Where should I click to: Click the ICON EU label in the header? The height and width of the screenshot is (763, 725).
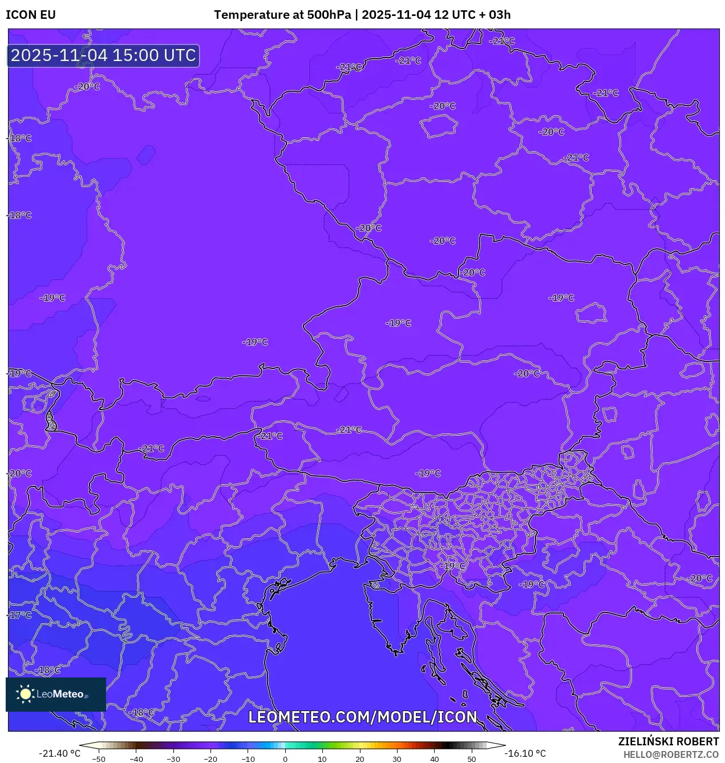(31, 15)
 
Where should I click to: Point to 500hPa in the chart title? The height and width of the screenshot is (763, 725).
(329, 15)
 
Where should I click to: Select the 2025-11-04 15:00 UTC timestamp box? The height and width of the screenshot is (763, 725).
(103, 55)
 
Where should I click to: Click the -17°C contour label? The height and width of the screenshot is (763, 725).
(21, 615)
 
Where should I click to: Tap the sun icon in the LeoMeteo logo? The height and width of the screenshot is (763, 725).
(26, 694)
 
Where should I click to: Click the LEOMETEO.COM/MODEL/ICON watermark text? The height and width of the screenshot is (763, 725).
(363, 717)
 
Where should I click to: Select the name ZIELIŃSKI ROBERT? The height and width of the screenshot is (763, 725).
(669, 741)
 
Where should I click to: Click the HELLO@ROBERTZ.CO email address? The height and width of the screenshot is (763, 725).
(671, 754)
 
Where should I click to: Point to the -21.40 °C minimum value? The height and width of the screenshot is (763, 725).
(59, 753)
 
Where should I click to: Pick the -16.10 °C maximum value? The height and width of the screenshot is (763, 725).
(525, 753)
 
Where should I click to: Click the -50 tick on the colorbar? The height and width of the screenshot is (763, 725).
(99, 759)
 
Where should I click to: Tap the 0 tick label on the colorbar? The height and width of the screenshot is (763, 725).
(285, 759)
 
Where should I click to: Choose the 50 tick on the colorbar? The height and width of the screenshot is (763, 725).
(472, 759)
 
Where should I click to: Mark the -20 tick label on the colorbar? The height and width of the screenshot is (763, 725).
(210, 759)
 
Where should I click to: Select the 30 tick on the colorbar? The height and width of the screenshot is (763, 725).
(397, 759)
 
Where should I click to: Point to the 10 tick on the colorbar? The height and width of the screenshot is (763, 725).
(322, 759)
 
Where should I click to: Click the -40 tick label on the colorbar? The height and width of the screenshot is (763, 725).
(136, 759)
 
